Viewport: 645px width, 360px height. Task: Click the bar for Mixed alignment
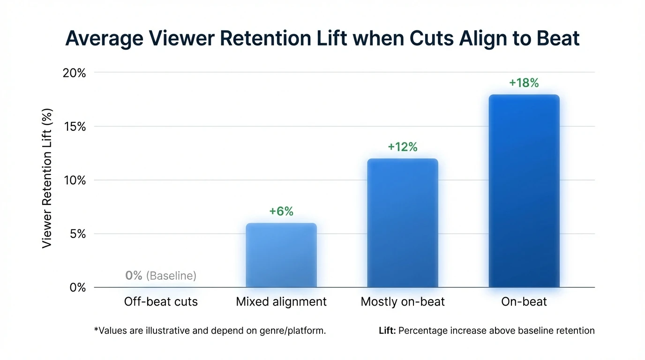click(281, 255)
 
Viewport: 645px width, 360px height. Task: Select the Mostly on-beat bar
click(403, 223)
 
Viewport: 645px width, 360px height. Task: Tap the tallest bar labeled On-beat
click(524, 191)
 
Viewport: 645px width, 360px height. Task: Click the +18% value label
click(524, 83)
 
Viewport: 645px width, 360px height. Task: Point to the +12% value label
click(403, 147)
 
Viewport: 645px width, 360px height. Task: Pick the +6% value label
click(281, 211)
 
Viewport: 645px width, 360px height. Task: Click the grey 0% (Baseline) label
click(161, 276)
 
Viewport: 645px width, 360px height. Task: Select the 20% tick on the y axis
click(75, 73)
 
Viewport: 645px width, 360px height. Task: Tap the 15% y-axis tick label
click(75, 127)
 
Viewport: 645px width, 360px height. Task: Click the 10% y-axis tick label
click(75, 180)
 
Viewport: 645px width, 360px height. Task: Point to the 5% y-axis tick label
click(77, 234)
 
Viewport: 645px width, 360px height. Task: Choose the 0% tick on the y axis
click(77, 287)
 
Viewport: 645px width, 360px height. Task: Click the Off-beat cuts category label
click(161, 301)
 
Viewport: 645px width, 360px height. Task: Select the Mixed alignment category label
click(281, 301)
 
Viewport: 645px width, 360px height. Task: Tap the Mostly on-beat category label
click(403, 301)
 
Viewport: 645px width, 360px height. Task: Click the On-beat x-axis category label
click(524, 301)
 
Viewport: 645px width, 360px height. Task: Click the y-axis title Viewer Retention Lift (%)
click(47, 178)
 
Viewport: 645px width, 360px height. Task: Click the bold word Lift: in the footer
click(387, 330)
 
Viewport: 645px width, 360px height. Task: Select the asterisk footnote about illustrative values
click(210, 330)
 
